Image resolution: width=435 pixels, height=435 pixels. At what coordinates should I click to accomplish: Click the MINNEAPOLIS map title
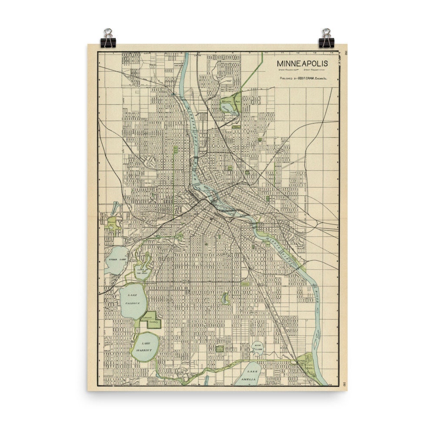pos(302,64)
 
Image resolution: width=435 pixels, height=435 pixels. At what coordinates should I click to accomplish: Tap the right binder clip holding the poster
pos(325,38)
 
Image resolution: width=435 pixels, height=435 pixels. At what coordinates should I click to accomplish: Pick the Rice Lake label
pos(258,347)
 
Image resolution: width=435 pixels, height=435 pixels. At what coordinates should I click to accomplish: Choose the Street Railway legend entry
pos(316,69)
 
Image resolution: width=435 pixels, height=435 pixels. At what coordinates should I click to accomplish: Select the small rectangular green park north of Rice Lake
pos(220,348)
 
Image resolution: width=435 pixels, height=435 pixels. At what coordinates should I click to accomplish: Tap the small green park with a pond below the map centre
pos(225,298)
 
